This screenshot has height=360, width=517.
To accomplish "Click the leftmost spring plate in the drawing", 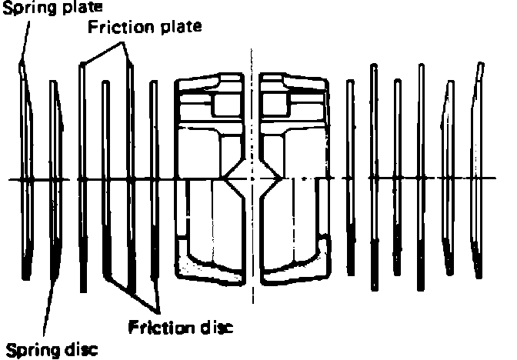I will [x=26, y=177].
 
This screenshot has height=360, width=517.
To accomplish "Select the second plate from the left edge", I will [x=55, y=177].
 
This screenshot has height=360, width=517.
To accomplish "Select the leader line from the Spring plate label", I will [x=24, y=38].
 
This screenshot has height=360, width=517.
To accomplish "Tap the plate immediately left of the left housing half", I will [x=153, y=177].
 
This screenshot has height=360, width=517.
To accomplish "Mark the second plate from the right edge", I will [x=446, y=177].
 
